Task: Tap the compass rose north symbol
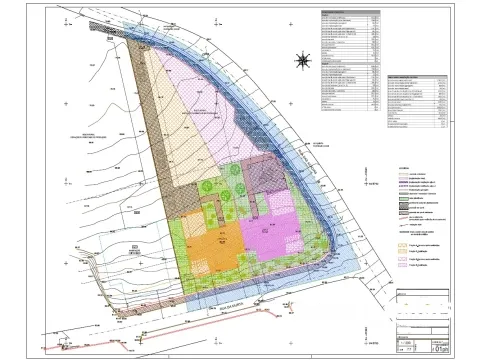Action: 300,61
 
